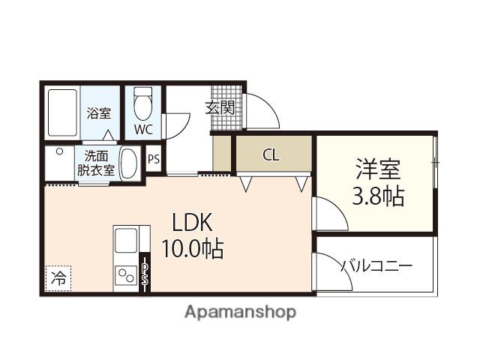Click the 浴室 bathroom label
pyautogui.click(x=98, y=114)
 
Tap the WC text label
pyautogui.click(x=143, y=129)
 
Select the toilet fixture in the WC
pyautogui.click(x=143, y=104)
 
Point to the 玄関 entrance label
pyautogui.click(x=220, y=107)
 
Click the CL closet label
pyautogui.click(x=271, y=155)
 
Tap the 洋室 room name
pyautogui.click(x=378, y=168)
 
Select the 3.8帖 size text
pyautogui.click(x=378, y=196)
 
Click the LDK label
pyautogui.click(x=193, y=222)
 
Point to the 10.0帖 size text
pyautogui.click(x=192, y=248)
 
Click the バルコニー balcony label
pyautogui.click(x=376, y=265)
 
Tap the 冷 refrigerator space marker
pyautogui.click(x=58, y=277)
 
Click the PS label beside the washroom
pyautogui.click(x=153, y=159)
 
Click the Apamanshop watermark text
pyautogui.click(x=240, y=311)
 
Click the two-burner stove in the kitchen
pyautogui.click(x=124, y=277)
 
